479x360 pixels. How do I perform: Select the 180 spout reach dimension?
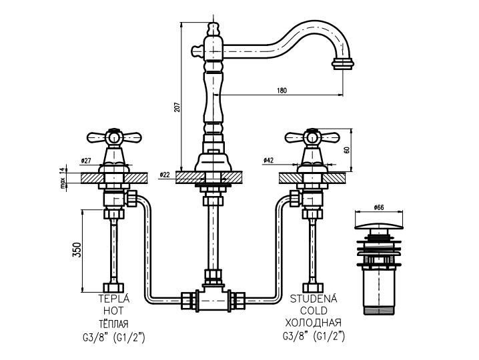tap(282, 91)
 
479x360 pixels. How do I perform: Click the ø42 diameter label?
tap(270, 160)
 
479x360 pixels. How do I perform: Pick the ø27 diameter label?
tap(86, 160)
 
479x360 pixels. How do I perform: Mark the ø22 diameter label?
tap(165, 175)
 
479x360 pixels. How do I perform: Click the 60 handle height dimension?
tap(346, 149)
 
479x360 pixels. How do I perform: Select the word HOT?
tap(113, 311)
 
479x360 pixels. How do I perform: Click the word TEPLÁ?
tap(113, 299)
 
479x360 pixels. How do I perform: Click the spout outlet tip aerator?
tap(342, 65)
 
